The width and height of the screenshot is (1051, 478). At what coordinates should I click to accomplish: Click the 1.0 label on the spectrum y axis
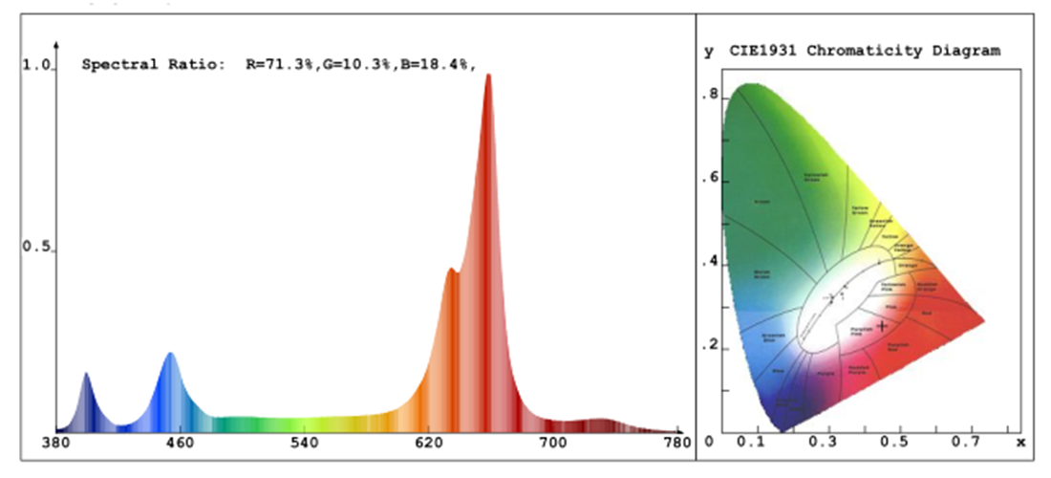pos(36,65)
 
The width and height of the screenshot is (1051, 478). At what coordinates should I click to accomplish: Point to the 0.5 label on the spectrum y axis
pos(36,248)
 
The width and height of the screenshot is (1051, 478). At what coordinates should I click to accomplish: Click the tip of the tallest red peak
pos(488,76)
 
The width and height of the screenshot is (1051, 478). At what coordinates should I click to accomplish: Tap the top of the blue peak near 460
pos(171,354)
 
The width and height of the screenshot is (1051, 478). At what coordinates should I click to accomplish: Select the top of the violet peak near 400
pos(86,374)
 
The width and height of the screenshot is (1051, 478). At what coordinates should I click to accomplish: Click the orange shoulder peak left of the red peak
pos(451,270)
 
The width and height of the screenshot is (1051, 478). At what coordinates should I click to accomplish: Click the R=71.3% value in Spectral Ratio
pos(281,65)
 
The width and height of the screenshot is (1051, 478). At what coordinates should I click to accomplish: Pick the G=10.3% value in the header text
pos(355,65)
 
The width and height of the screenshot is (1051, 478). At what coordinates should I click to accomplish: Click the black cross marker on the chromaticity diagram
pos(882,326)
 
